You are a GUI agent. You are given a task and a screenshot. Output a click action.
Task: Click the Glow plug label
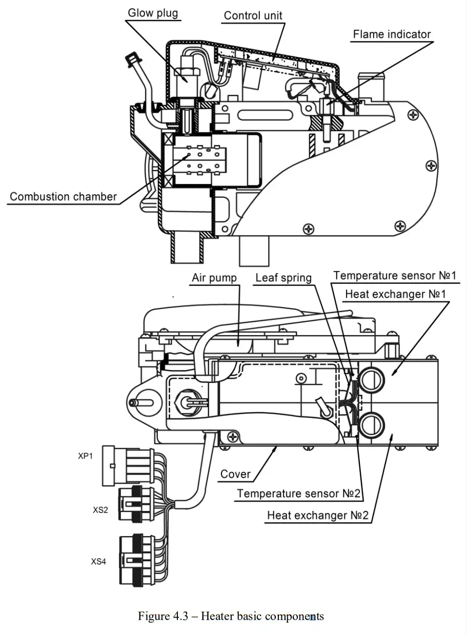pos(153,12)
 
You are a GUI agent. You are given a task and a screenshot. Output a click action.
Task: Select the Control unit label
pos(253,15)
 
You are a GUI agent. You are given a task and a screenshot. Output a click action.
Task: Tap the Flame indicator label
pos(392,34)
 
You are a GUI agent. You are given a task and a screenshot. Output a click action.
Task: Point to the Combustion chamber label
pos(64,196)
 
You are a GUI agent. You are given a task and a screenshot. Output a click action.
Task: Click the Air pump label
pos(214,278)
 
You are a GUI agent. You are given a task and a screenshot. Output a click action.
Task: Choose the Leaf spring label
pos(283,278)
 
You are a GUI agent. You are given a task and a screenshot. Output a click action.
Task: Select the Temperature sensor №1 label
pos(395,275)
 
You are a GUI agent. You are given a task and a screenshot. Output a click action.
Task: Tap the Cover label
pos(235,474)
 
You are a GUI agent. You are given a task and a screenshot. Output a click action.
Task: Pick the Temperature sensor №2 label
pos(299,494)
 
